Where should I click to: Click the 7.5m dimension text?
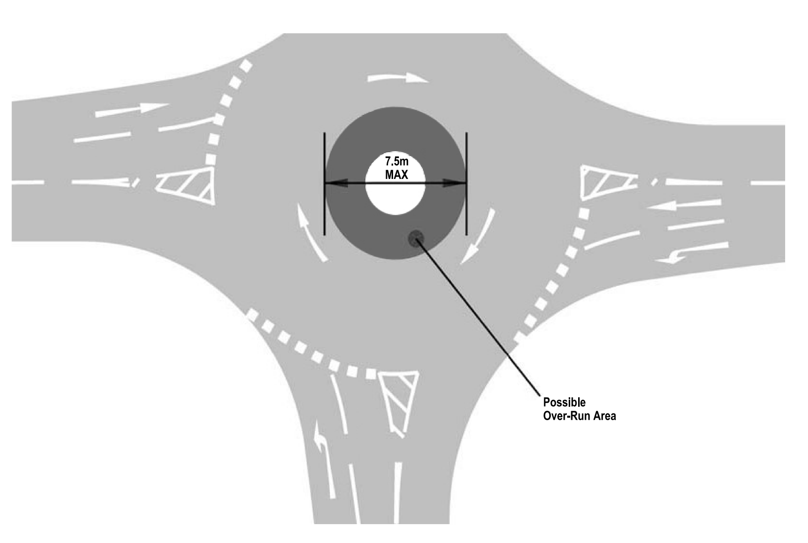(396, 162)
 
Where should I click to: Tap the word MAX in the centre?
(396, 175)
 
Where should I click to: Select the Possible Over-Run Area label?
(579, 409)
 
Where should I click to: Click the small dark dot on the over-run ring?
(415, 238)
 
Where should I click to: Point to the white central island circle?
(396, 199)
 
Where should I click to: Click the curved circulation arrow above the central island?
(397, 78)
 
